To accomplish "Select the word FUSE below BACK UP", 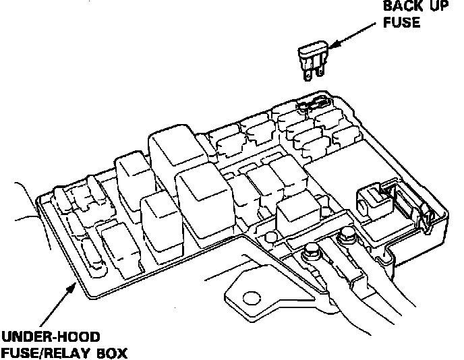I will pyautogui.click(x=402, y=23).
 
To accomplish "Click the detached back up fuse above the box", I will pyautogui.click(x=312, y=59).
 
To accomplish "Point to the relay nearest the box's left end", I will pyautogui.click(x=116, y=240).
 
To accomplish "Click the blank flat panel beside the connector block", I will pyautogui.click(x=337, y=169).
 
